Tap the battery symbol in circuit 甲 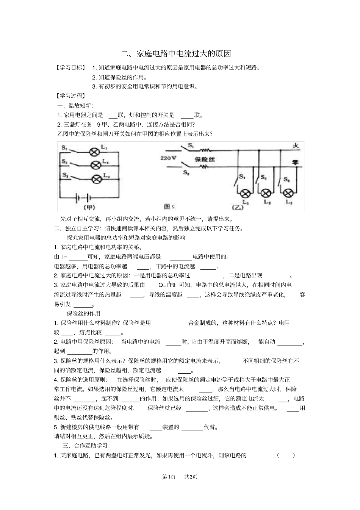coord(83,197)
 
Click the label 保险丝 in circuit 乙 coord(205,160)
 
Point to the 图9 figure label coord(169,207)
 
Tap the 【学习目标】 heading coord(70,68)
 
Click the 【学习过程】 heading coord(70,96)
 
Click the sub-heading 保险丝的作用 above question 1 coord(84,313)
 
